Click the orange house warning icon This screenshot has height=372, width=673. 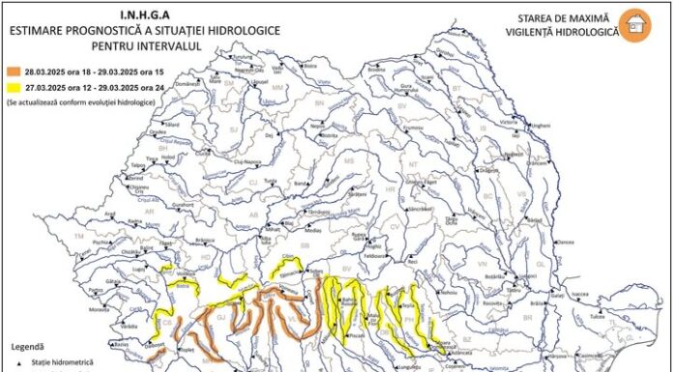pyautogui.click(x=634, y=26)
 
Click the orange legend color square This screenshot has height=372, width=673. pyautogui.click(x=13, y=71)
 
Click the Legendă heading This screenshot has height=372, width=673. pyautogui.click(x=26, y=345)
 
